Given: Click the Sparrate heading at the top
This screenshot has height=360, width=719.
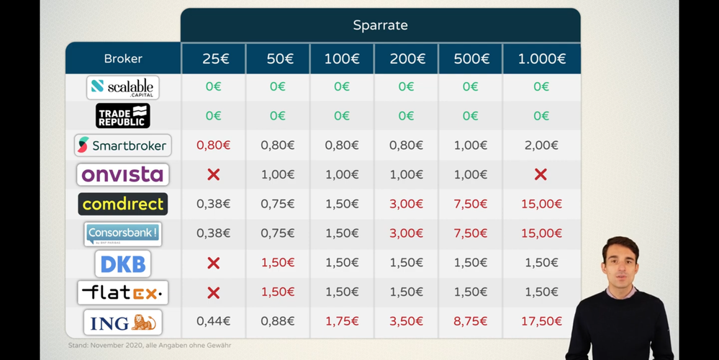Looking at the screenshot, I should click(x=380, y=26).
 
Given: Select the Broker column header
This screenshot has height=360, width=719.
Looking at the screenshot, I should click(x=123, y=58).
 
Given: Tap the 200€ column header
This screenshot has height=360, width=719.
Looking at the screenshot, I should click(x=406, y=58).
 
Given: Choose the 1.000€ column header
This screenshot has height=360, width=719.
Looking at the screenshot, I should click(x=541, y=58).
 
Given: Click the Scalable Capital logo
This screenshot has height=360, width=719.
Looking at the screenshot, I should click(x=123, y=87).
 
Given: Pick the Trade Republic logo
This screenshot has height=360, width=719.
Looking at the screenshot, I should click(x=123, y=115).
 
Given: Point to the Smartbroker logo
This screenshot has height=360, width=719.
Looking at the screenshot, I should click(x=123, y=145).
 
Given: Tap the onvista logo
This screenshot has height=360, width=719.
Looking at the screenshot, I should click(x=123, y=174).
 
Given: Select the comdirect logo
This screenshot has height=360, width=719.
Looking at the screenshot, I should click(x=123, y=204).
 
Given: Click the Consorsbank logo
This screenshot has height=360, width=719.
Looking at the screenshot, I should click(x=123, y=233).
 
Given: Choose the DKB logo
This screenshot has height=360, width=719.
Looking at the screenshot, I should click(x=123, y=264).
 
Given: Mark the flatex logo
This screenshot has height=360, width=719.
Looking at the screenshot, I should click(x=123, y=292).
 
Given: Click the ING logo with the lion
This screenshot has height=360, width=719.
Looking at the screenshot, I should click(x=123, y=323).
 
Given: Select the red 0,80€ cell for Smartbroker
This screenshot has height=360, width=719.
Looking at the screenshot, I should click(x=213, y=145).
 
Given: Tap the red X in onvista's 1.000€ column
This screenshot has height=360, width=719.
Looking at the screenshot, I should click(x=541, y=174).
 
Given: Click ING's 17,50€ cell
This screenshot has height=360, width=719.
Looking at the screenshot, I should click(x=541, y=322).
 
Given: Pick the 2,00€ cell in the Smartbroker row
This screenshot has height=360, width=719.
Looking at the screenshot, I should click(x=541, y=145).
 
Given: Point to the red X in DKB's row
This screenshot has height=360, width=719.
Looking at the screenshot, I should click(x=213, y=264).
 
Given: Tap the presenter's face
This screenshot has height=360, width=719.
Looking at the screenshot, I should click(x=620, y=262).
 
